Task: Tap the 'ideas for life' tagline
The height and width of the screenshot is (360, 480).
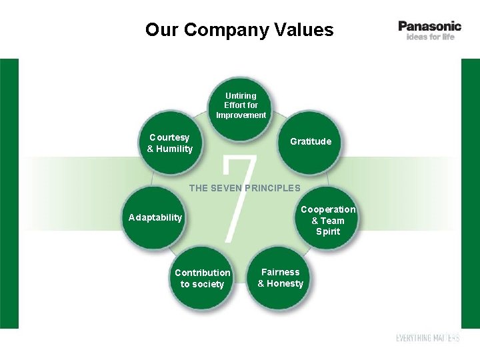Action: [x=430, y=37]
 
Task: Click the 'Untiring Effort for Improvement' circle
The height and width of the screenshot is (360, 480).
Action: [x=241, y=107]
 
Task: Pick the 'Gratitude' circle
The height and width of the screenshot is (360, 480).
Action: [x=311, y=142]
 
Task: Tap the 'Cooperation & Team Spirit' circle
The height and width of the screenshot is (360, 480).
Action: [x=327, y=221]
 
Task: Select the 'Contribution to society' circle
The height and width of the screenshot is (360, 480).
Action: [x=203, y=279]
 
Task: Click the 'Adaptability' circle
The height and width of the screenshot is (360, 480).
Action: [x=155, y=218]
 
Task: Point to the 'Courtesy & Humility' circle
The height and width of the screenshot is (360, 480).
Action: [x=170, y=143]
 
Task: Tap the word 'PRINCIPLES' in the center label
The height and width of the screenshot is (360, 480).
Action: [x=273, y=188]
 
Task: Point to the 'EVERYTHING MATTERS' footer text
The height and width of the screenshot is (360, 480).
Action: [x=427, y=338]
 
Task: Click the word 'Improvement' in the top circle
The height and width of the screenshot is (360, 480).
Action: [x=241, y=115]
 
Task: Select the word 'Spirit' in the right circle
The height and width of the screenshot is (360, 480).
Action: [x=328, y=232]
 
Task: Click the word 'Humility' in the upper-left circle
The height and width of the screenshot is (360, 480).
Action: [x=175, y=149]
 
